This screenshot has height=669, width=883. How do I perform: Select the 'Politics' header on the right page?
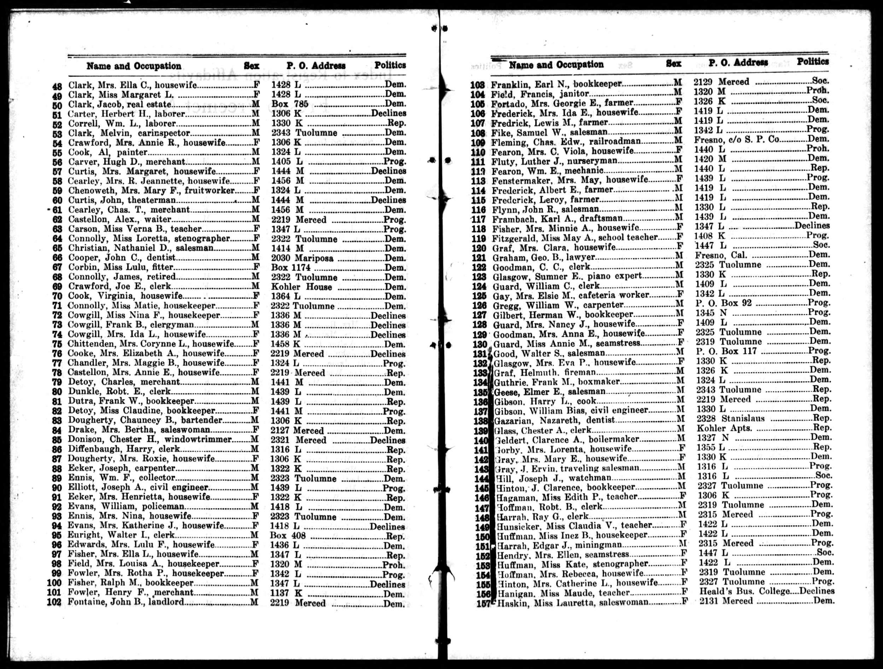(x=812, y=62)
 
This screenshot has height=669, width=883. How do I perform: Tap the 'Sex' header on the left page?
(x=251, y=66)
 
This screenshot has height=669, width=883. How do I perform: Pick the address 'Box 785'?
(x=290, y=104)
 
